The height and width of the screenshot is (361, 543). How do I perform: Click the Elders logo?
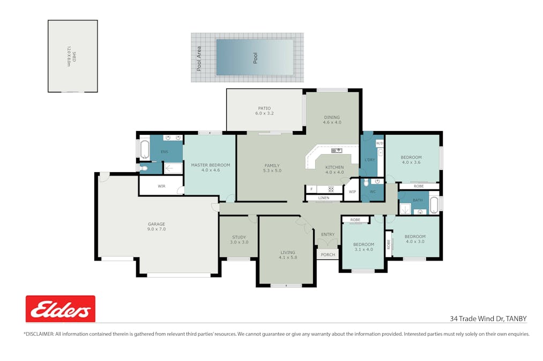(61, 309)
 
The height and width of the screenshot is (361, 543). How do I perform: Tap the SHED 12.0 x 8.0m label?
(71, 56)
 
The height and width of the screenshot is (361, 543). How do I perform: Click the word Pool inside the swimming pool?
(255, 58)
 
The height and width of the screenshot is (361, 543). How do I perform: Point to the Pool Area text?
(199, 59)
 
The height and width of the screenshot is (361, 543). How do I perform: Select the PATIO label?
(264, 108)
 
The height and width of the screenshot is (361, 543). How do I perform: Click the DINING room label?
(332, 117)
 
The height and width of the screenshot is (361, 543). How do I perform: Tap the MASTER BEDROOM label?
(211, 165)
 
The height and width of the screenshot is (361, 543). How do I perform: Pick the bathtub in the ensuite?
(144, 149)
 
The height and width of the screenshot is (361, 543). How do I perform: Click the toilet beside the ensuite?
(143, 168)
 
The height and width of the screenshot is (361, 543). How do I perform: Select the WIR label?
(162, 186)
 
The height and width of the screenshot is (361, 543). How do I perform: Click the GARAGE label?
(157, 224)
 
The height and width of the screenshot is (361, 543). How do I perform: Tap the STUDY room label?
(239, 237)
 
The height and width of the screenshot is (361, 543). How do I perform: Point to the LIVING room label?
(288, 252)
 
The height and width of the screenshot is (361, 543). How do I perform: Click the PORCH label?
(328, 255)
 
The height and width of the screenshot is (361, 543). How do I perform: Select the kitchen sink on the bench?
(337, 151)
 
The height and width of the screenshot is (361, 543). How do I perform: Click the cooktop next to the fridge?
(331, 189)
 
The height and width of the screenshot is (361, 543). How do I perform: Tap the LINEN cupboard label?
(324, 198)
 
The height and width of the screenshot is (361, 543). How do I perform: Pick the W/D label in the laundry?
(380, 143)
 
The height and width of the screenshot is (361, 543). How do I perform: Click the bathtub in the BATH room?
(434, 205)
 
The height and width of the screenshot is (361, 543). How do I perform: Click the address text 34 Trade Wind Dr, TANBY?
(488, 319)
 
